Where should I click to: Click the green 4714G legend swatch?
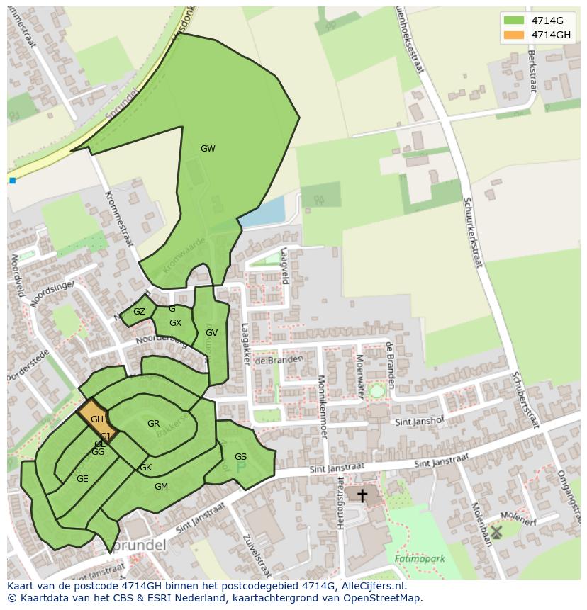514,21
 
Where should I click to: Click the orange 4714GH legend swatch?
514,35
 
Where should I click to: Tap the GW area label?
208,149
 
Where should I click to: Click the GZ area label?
139,312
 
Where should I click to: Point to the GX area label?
175,323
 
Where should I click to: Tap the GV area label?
211,333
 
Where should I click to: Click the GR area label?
153,424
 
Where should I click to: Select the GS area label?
240,457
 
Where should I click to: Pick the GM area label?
161,487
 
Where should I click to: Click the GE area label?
82,479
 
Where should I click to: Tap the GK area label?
145,468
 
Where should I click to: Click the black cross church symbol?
362,495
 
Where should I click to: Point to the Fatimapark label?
420,559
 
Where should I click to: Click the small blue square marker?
12,181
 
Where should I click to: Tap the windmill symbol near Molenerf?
496,531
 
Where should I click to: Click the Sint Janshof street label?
418,422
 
